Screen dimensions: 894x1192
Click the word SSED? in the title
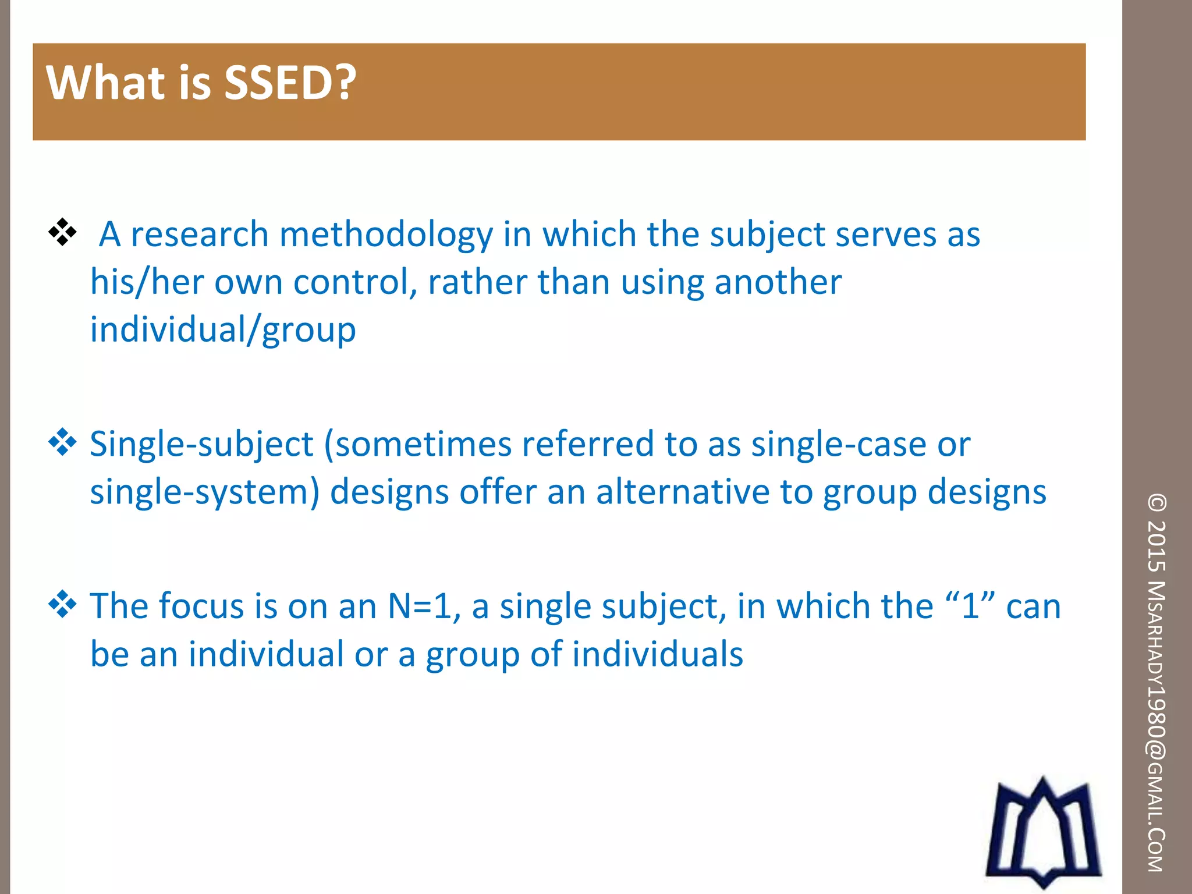pyautogui.click(x=289, y=83)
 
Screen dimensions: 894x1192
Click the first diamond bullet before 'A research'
pyautogui.click(x=62, y=233)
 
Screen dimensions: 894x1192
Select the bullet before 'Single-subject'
pyautogui.click(x=62, y=443)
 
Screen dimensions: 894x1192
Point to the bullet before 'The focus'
pyautogui.click(x=62, y=605)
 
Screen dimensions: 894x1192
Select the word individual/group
pyautogui.click(x=222, y=331)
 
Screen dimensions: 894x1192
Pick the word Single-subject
pyautogui.click(x=201, y=446)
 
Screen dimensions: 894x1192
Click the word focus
pyautogui.click(x=201, y=606)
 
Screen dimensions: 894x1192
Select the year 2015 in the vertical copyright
pyautogui.click(x=1156, y=545)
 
